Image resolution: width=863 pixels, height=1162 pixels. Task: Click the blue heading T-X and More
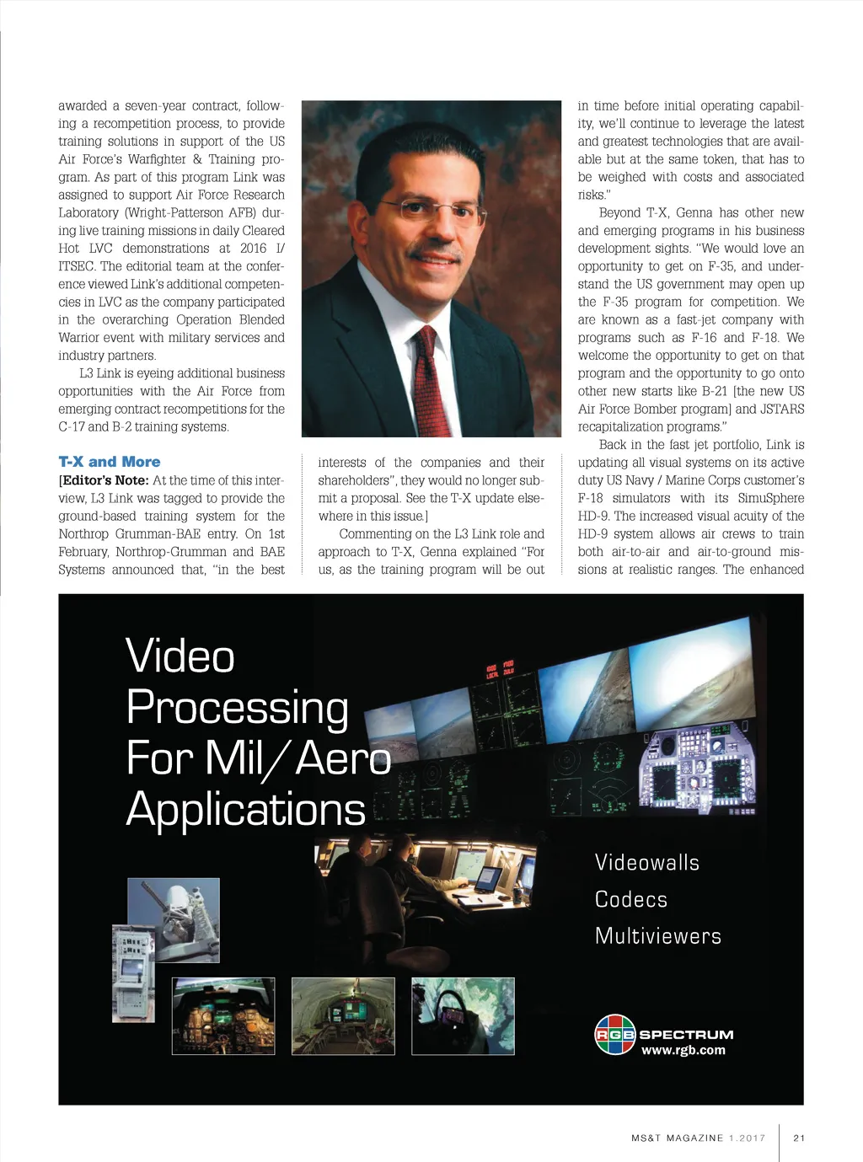(109, 462)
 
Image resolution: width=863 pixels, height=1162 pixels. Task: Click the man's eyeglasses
(432, 207)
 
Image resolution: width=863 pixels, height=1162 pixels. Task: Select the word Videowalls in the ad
(646, 862)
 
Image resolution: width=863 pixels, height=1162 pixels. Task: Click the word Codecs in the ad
(630, 899)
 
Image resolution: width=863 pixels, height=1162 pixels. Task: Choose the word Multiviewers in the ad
(657, 935)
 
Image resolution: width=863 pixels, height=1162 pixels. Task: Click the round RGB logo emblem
(615, 1034)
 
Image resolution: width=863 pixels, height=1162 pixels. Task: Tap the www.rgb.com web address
(683, 1050)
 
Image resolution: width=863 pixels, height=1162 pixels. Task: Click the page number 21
(799, 1138)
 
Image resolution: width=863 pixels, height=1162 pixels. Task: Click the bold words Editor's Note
(105, 480)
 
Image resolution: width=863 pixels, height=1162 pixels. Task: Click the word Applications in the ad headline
(245, 809)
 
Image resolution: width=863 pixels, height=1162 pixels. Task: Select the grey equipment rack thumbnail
(133, 973)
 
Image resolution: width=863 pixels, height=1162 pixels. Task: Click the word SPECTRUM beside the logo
(686, 1035)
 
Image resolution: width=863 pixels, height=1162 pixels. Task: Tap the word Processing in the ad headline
(237, 708)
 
